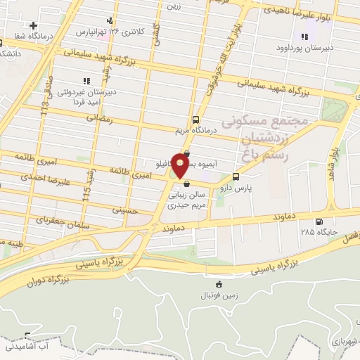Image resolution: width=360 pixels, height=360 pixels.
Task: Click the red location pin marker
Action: click(180, 165)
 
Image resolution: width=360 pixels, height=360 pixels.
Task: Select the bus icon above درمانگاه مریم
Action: click(195, 119)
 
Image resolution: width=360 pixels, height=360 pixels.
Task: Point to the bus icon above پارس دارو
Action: click(236, 176)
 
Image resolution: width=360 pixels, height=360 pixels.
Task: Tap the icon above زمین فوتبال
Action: click(219, 284)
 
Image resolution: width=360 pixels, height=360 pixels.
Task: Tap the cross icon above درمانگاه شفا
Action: click(34, 25)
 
